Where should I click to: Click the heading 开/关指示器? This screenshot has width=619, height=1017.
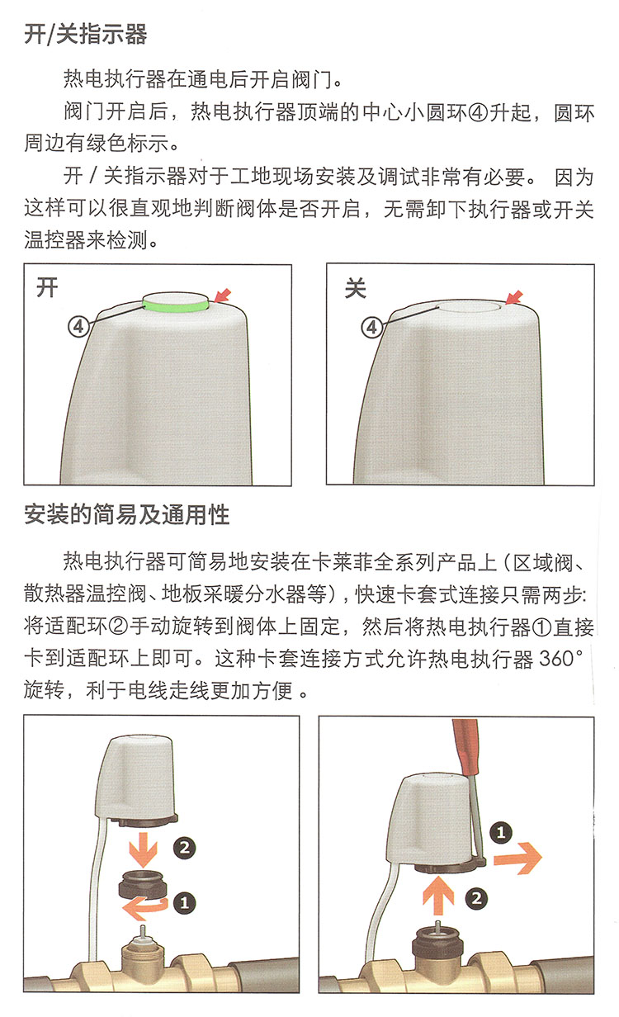(86, 34)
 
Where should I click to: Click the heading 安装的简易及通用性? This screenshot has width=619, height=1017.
(126, 515)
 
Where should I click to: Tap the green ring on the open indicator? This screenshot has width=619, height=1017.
(176, 307)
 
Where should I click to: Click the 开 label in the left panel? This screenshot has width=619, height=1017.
(47, 288)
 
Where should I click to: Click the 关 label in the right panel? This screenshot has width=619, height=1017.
(356, 288)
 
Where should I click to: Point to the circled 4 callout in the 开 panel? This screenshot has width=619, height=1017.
(78, 326)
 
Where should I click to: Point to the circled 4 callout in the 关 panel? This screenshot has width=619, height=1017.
(371, 326)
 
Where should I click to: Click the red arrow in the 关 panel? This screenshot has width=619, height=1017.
(514, 297)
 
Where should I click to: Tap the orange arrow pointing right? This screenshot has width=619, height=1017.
(517, 858)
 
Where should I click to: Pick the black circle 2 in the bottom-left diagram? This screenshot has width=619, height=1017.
(184, 848)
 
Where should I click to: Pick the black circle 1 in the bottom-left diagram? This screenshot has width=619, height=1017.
(184, 902)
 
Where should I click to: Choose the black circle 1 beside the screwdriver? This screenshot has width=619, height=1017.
(501, 833)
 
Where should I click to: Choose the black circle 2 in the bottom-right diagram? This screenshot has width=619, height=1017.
(476, 899)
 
